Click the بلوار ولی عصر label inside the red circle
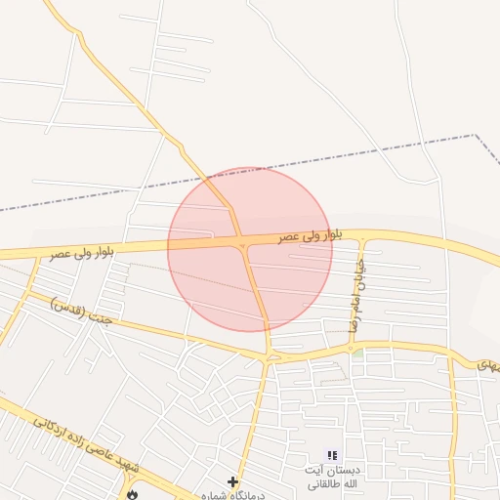311,235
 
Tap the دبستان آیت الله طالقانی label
332,477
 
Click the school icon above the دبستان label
332,455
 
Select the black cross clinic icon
232,481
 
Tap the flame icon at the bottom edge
132,494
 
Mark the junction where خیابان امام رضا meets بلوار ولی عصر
362,236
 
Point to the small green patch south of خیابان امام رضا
358,352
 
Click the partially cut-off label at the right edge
487,364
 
